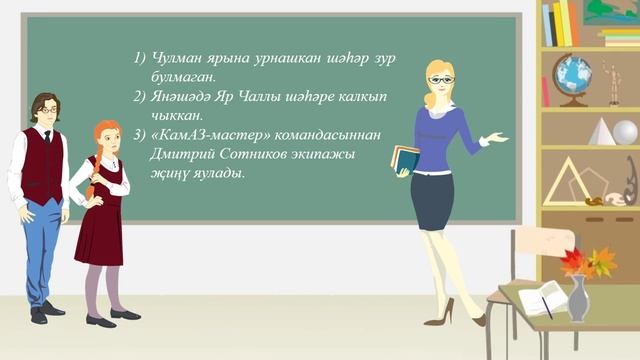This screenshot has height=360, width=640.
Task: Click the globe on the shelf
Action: coord(572,74)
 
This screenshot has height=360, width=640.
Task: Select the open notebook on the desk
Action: coord(541,299)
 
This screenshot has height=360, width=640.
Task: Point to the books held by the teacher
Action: coord(405,158)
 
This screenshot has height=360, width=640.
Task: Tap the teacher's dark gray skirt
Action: coord(433,200)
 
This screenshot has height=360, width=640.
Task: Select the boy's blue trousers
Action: coord(41,250)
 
